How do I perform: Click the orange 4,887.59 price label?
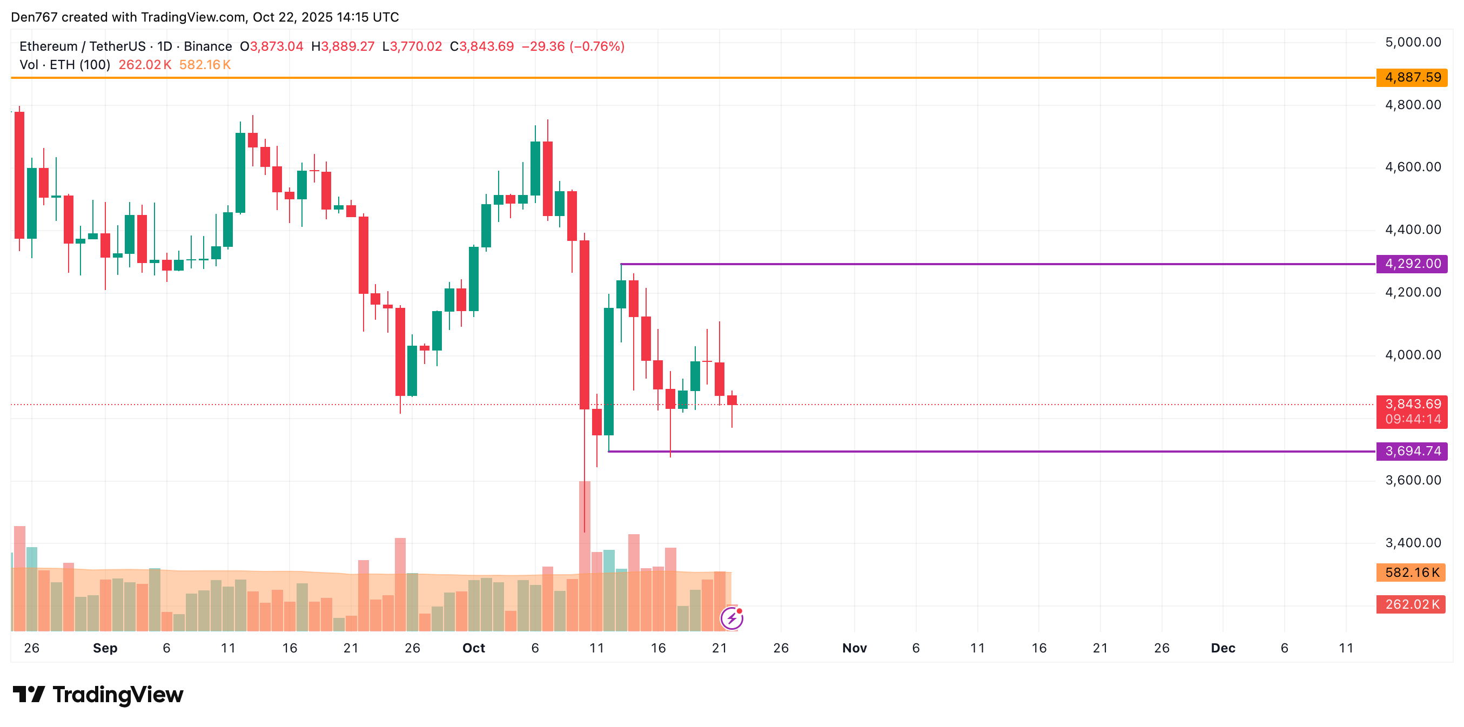click(x=1412, y=77)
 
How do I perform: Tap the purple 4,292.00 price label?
click(x=1412, y=264)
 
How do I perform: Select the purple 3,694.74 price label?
click(x=1412, y=452)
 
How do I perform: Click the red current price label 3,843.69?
click(x=1412, y=404)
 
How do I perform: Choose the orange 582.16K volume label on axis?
click(x=1411, y=573)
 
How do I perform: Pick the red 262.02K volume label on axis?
click(x=1411, y=604)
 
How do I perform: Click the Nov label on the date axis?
click(x=854, y=649)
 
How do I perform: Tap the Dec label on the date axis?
click(x=1223, y=649)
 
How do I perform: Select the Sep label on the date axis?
click(x=105, y=649)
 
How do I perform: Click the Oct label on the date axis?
click(x=473, y=649)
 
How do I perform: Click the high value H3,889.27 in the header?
click(x=343, y=46)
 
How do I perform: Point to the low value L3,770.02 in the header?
click(x=412, y=46)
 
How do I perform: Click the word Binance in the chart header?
click(x=207, y=46)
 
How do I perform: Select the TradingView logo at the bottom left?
click(x=98, y=695)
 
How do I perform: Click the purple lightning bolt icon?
click(x=731, y=618)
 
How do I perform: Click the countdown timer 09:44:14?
click(x=1412, y=420)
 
